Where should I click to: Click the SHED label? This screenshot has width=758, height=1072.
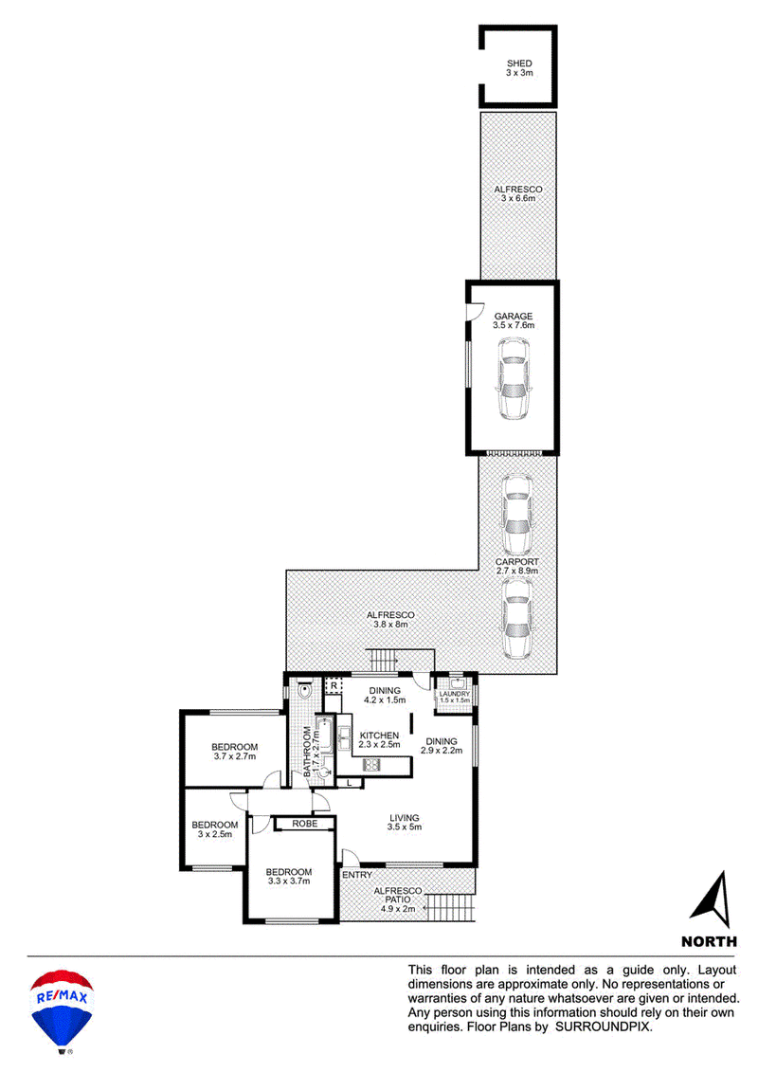(519, 64)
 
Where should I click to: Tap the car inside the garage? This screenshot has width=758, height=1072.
(514, 379)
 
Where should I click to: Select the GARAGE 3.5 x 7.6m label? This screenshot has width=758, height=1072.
(514, 320)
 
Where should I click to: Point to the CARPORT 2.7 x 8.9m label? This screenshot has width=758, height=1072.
(516, 566)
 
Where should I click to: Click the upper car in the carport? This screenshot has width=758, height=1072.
(516, 515)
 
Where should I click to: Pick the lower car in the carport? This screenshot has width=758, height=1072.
(516, 619)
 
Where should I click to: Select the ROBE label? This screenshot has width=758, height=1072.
(305, 824)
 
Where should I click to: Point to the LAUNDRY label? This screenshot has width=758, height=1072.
(455, 694)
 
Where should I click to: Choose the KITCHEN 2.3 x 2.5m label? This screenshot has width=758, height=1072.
(379, 739)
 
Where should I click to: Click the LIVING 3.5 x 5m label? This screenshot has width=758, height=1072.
(405, 822)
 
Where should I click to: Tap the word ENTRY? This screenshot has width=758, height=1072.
(357, 875)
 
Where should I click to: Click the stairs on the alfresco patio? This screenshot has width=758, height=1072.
(449, 909)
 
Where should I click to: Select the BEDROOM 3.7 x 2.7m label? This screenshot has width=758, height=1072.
(234, 752)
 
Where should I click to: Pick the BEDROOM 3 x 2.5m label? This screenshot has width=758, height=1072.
(215, 829)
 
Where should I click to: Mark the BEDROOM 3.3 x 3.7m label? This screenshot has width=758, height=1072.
(288, 877)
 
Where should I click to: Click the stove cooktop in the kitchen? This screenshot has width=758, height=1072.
(371, 765)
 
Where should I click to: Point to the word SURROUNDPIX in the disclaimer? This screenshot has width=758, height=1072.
(604, 1027)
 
